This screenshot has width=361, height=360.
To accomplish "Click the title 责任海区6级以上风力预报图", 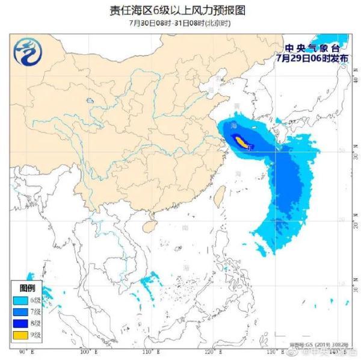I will coord(180,10).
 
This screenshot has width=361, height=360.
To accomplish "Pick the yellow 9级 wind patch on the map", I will coord(241,141).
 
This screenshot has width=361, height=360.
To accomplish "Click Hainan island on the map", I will coord(146,226).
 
